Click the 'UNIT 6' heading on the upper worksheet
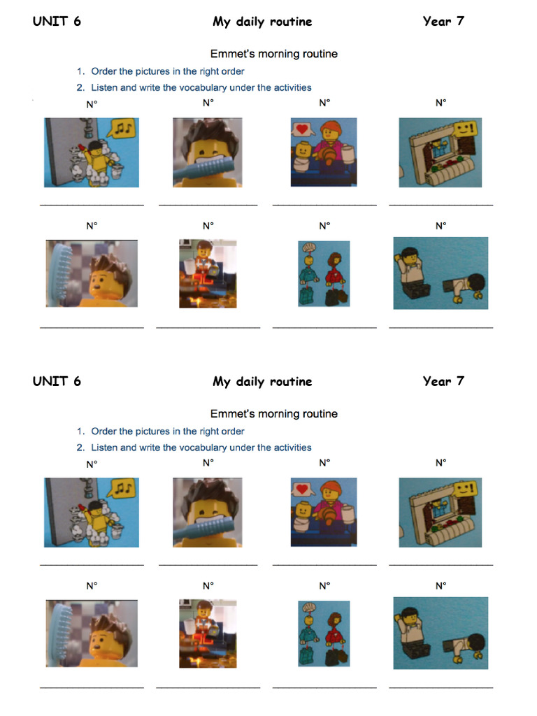tap(57, 21)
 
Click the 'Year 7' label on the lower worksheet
tap(443, 381)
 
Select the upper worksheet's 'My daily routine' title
tap(262, 22)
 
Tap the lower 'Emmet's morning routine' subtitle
tap(273, 414)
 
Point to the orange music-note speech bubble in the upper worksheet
tap(122, 129)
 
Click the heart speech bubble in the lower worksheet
tap(301, 489)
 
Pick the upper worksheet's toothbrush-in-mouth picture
tap(208, 152)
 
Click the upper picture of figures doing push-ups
tap(441, 273)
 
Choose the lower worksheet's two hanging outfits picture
tap(324, 633)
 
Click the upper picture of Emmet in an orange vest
tap(207, 273)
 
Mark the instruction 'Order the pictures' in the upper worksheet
tap(167, 71)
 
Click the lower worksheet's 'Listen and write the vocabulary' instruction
tap(201, 447)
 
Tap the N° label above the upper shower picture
tap(92, 103)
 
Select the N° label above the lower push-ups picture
tap(441, 586)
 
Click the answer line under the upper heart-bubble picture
tap(324, 205)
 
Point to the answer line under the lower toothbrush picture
tap(208, 565)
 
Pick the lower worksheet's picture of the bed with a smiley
tap(441, 513)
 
